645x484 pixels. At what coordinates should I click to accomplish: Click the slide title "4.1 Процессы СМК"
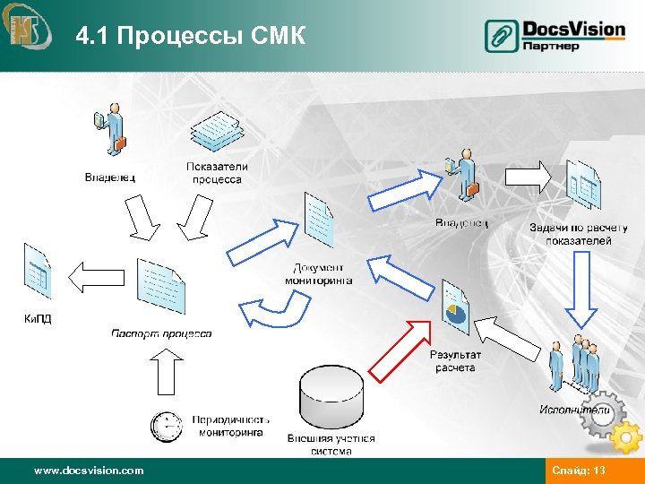[x=191, y=36]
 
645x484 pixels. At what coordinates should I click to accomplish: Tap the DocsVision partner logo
[x=555, y=36]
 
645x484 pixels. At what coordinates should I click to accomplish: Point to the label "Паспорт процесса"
[x=162, y=334]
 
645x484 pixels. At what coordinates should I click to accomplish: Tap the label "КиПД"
[x=37, y=318]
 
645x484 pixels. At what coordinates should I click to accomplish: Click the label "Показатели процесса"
[x=217, y=173]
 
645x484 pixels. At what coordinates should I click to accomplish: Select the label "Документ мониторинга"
[x=318, y=274]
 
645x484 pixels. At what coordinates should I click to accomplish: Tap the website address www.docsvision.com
[x=88, y=471]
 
